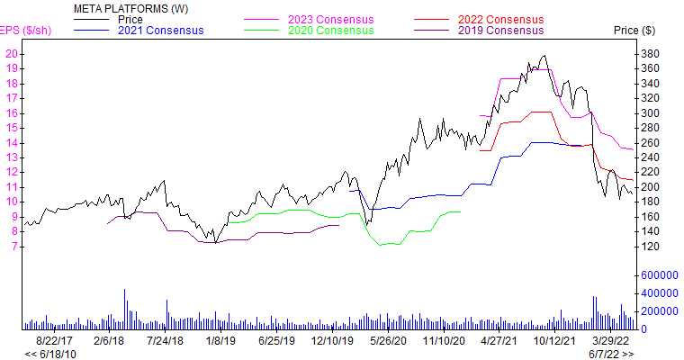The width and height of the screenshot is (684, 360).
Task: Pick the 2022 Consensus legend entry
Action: point(501,19)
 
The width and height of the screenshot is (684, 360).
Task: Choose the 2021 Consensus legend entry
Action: point(161,30)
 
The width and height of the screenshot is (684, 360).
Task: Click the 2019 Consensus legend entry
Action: point(501,30)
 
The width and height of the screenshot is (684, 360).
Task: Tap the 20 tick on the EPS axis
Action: point(12,54)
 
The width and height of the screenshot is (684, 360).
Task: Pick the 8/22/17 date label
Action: point(56,341)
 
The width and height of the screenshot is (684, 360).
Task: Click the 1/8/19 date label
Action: point(218,341)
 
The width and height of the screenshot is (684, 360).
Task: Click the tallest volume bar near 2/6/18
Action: point(124,309)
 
